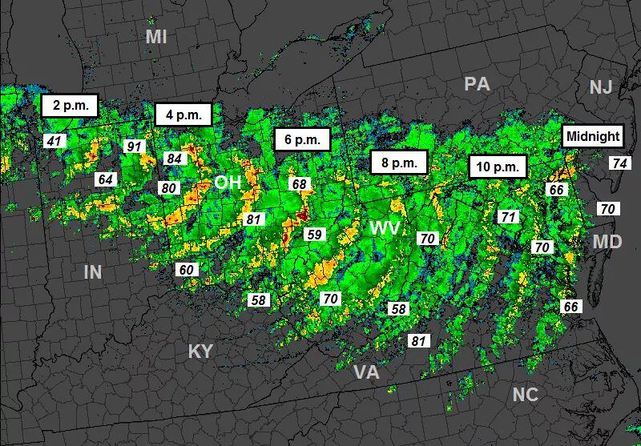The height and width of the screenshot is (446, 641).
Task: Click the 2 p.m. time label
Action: [69, 105]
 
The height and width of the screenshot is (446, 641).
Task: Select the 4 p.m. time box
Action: [183, 115]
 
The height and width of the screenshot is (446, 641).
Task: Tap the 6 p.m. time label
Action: [302, 139]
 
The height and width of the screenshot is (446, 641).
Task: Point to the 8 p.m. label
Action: [399, 163]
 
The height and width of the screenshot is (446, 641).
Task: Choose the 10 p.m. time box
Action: [497, 167]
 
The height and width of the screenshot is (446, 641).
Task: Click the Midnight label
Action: [593, 136]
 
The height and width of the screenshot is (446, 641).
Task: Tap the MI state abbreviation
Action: [155, 37]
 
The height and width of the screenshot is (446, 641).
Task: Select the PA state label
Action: [477, 84]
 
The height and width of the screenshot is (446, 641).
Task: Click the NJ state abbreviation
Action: [600, 87]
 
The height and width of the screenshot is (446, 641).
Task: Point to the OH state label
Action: [228, 183]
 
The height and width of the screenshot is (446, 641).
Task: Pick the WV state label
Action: [385, 229]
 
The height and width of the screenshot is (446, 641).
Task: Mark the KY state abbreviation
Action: [200, 352]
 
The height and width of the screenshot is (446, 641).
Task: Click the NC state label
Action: [526, 394]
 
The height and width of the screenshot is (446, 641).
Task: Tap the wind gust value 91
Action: [134, 146]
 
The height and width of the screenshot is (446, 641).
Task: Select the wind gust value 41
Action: [54, 141]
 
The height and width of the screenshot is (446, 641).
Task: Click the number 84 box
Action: [174, 159]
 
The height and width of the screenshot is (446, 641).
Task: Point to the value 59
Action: [314, 235]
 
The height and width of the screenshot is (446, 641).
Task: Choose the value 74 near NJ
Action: [619, 163]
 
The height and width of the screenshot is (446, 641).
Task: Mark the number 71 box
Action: [508, 216]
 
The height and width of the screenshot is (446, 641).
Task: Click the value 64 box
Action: [106, 179]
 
